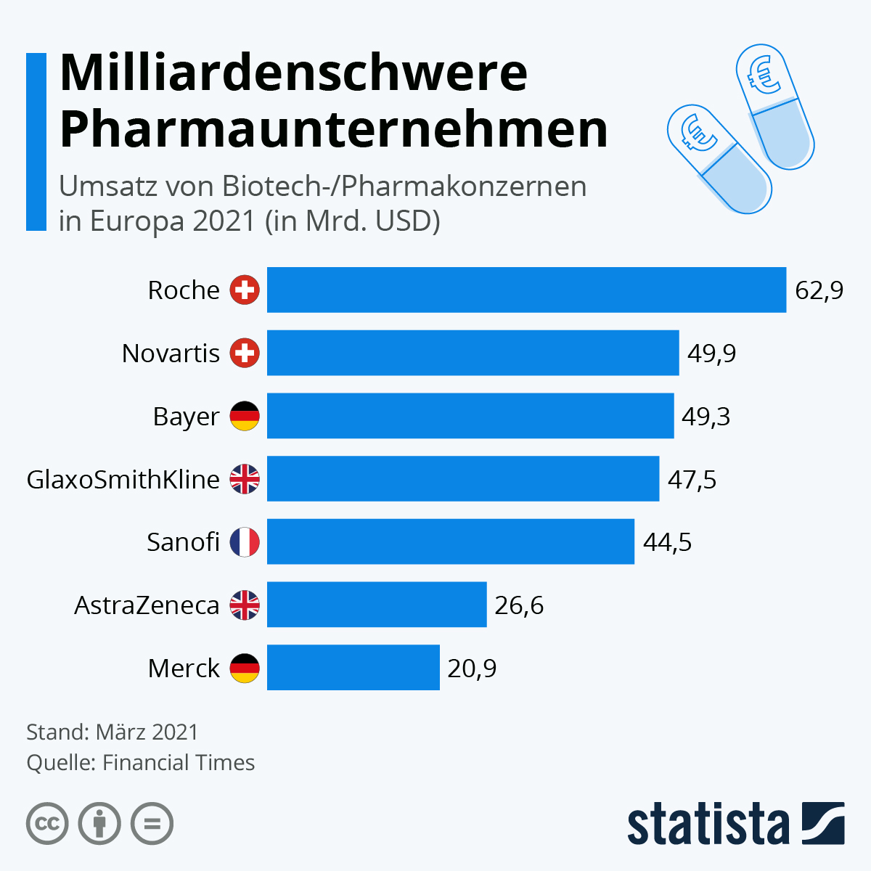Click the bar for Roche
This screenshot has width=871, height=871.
pyautogui.click(x=526, y=290)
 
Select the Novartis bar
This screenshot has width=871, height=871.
pyautogui.click(x=473, y=353)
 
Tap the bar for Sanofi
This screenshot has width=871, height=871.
pyautogui.click(x=450, y=541)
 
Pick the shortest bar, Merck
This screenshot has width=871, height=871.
pyautogui.click(x=353, y=667)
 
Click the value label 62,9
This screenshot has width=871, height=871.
pyautogui.click(x=819, y=290)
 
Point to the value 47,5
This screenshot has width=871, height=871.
pyautogui.click(x=692, y=479)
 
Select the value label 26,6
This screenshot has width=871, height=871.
pyautogui.click(x=519, y=605)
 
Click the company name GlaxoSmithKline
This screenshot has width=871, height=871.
pyautogui.click(x=123, y=479)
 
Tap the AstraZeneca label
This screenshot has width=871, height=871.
pyautogui.click(x=147, y=605)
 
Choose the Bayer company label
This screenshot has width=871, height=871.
pyautogui.click(x=186, y=417)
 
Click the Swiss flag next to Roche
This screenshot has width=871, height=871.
pyautogui.click(x=245, y=290)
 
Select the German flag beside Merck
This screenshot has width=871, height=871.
pyautogui.click(x=245, y=668)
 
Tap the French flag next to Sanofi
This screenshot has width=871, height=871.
pyautogui.click(x=245, y=542)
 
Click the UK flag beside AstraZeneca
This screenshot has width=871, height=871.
pyautogui.click(x=245, y=605)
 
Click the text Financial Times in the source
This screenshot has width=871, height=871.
pyautogui.click(x=179, y=762)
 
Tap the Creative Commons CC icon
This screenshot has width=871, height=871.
pyautogui.click(x=47, y=824)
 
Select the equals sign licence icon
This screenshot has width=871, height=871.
pyautogui.click(x=152, y=824)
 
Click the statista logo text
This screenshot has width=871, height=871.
pyautogui.click(x=708, y=824)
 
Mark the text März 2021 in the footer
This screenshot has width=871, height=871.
pyautogui.click(x=147, y=732)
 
